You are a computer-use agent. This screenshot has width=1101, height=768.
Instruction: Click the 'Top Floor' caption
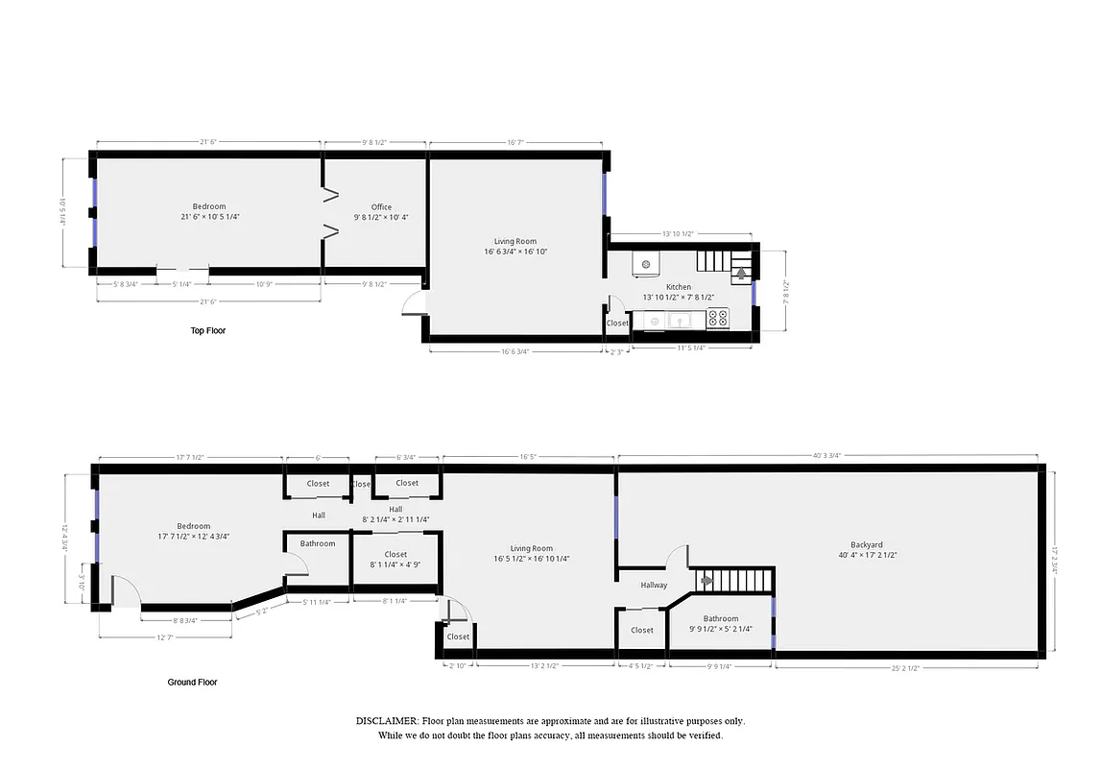[x=207, y=330]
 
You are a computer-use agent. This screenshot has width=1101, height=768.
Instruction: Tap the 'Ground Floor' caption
[x=192, y=683]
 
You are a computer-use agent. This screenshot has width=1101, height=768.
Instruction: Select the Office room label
[x=381, y=207]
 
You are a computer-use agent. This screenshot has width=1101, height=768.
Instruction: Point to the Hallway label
[x=654, y=585]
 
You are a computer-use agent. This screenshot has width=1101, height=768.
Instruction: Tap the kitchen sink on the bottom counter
[x=677, y=321]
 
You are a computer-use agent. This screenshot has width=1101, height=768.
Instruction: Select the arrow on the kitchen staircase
[x=741, y=274]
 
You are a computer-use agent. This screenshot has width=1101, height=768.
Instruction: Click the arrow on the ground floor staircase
[x=706, y=580]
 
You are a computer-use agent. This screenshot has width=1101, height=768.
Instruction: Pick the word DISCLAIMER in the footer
[x=387, y=720]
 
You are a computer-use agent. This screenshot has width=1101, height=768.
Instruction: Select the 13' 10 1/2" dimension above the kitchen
[x=678, y=234]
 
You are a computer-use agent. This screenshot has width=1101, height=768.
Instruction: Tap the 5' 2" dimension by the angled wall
[x=260, y=612]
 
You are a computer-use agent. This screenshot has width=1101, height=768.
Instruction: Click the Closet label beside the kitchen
[x=617, y=324]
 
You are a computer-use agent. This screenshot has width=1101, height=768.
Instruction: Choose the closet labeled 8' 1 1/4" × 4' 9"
[x=395, y=560]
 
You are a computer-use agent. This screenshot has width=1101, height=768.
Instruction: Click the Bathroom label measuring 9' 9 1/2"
[x=720, y=619]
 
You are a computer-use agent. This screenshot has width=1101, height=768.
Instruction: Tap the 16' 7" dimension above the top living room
[x=515, y=142]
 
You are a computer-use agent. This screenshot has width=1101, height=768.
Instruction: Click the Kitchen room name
[x=679, y=287]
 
